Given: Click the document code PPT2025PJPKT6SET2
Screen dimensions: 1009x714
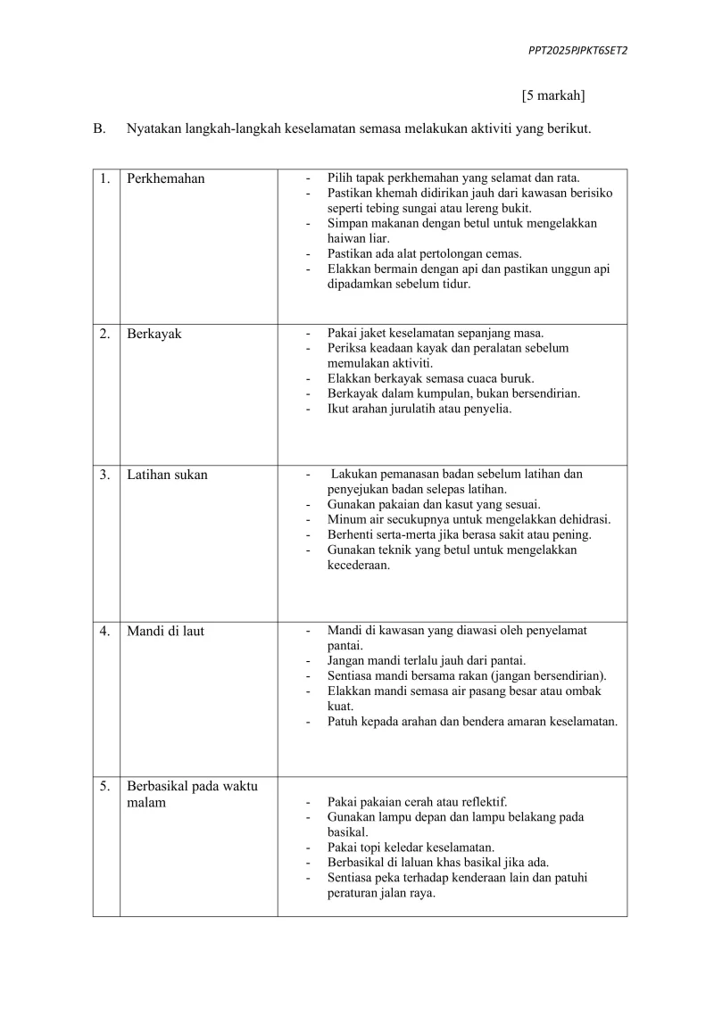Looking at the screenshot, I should tap(577, 51).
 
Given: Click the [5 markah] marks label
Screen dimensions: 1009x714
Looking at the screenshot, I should tap(553, 95).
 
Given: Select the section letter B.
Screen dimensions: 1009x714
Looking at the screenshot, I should tap(99, 128).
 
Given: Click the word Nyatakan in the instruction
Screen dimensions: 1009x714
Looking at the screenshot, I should tap(154, 128).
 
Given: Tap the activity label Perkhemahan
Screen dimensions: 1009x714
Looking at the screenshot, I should tap(165, 178).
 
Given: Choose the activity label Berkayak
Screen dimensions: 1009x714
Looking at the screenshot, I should tap(154, 334).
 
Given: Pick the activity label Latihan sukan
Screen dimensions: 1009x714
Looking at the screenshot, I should tap(167, 475).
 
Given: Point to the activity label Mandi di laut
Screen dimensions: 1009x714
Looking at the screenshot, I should tap(165, 631).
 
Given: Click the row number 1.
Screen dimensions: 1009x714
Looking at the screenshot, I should tap(104, 178).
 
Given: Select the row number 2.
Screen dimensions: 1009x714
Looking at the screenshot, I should tap(104, 334).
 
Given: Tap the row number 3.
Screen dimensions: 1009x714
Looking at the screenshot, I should tap(104, 475).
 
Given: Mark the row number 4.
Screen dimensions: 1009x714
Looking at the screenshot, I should tap(104, 631).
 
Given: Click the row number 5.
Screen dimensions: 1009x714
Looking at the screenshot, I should tap(104, 786).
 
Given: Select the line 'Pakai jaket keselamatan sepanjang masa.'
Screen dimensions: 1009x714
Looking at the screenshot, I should tap(436, 333).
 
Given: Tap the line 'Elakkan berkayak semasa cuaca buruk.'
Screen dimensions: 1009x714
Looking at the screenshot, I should tap(430, 378).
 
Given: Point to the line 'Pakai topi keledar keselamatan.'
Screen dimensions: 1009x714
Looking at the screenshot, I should tap(411, 847).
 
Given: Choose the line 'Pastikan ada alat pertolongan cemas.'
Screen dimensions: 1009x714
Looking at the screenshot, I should tap(424, 253).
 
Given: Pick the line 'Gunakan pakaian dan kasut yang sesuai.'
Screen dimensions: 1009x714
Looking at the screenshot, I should tap(434, 504).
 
